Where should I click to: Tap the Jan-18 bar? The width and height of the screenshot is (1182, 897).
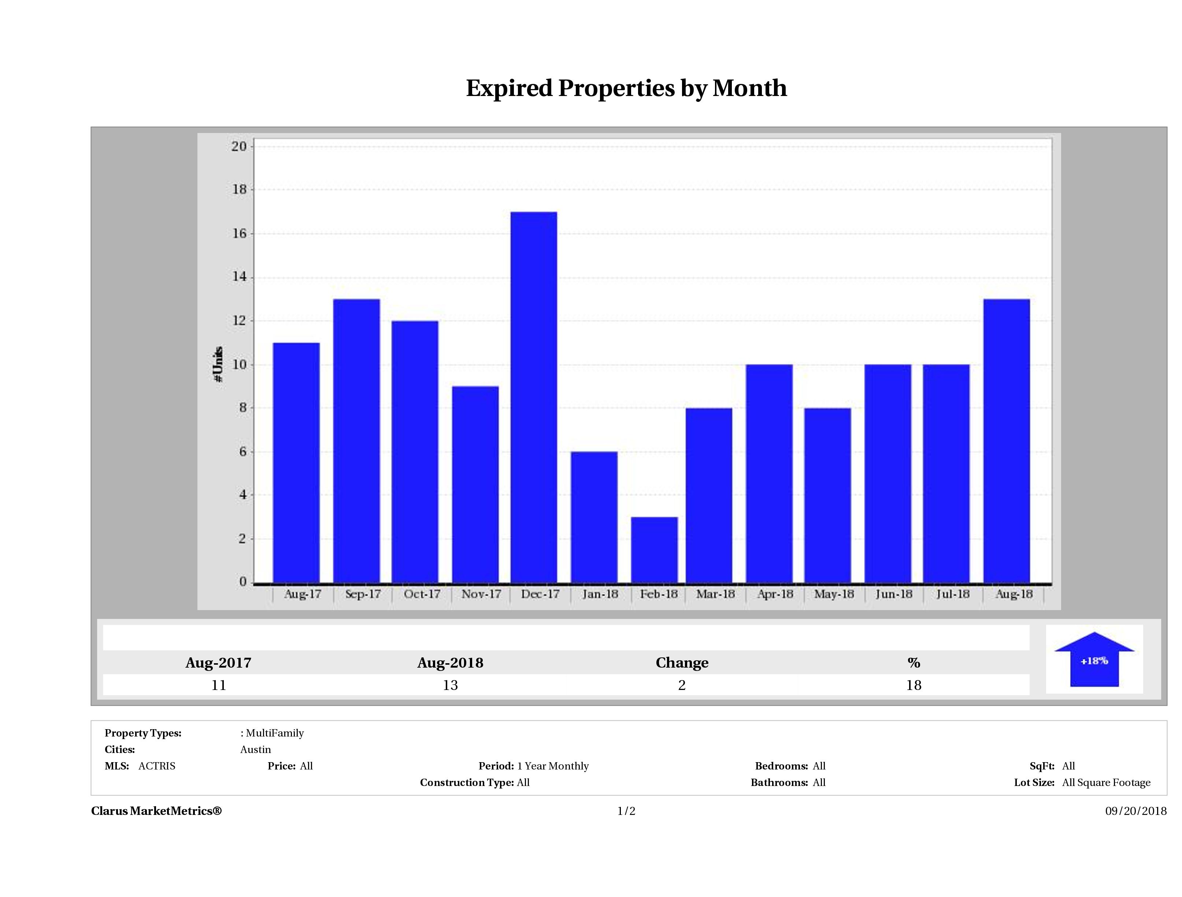[594, 517]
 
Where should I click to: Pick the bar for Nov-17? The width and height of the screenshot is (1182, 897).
[475, 484]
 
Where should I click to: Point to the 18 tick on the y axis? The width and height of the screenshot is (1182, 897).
[240, 190]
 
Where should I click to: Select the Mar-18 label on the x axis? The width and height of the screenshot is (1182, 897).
[715, 594]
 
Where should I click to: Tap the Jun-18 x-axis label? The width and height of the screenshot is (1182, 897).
[893, 594]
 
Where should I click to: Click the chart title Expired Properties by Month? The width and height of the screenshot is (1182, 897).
[626, 88]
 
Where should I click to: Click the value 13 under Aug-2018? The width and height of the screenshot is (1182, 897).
[450, 685]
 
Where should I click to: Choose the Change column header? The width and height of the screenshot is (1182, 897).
[682, 663]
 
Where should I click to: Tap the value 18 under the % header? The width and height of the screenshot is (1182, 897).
[913, 685]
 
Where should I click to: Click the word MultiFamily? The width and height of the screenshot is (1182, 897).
[275, 733]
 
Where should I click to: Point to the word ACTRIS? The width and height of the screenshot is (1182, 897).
[156, 766]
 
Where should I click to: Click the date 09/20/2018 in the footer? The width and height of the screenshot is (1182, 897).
[1135, 811]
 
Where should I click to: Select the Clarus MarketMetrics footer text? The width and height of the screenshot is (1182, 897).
[156, 811]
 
